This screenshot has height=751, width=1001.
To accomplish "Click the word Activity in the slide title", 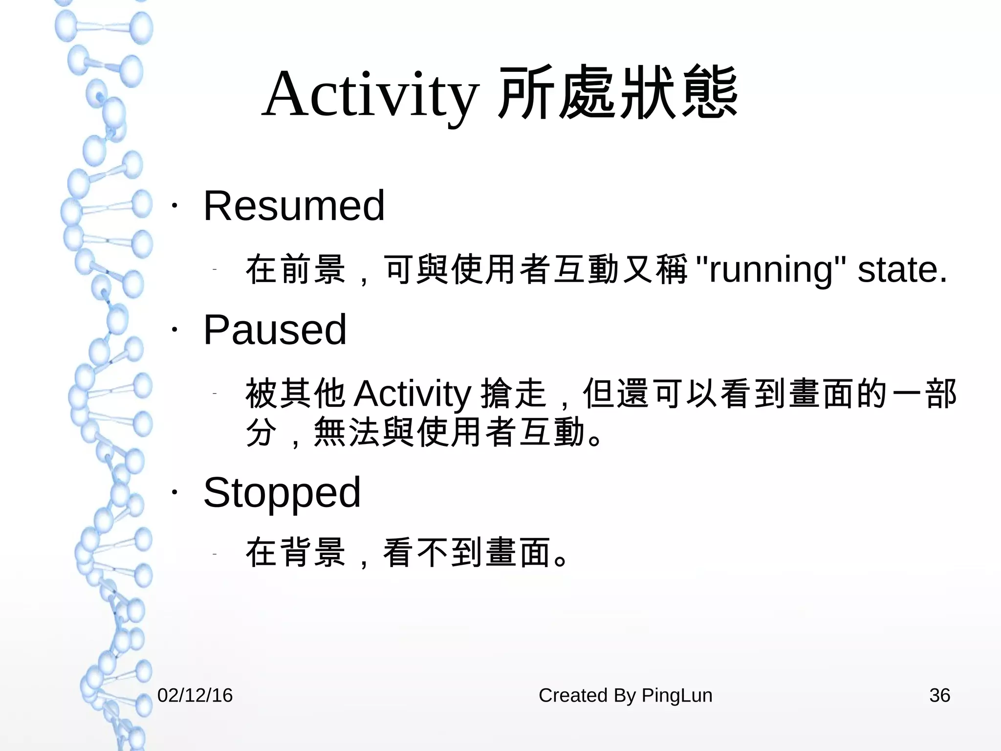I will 370,94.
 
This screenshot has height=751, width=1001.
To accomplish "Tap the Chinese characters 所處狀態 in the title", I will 617,93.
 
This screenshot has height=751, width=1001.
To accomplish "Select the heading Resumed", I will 294,206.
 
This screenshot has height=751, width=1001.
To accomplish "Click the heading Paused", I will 275,330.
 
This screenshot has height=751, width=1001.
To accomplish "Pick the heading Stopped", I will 282,493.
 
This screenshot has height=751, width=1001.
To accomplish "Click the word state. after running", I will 902,270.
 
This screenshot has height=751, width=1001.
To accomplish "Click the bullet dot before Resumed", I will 174,206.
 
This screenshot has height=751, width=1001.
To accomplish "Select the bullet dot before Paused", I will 174,330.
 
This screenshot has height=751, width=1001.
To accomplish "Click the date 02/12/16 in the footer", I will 195,695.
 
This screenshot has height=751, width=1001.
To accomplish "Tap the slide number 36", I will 939,695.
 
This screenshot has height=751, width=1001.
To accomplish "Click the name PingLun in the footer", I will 676,695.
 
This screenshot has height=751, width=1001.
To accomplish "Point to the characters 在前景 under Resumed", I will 296,269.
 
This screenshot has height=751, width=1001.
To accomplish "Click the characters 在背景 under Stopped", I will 296,552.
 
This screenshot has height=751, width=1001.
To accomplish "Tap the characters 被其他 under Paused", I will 296,394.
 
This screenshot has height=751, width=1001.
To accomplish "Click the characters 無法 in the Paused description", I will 347,432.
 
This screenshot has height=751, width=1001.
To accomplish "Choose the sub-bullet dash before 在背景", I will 215,554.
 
